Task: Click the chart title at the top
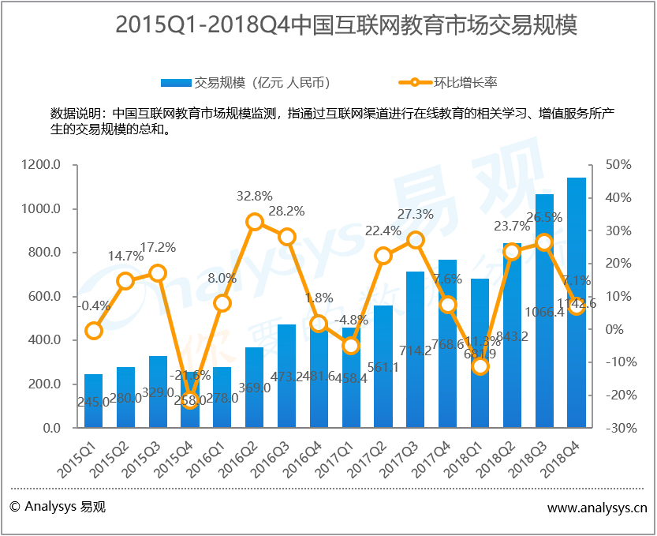pyautogui.click(x=346, y=26)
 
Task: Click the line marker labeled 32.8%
pyautogui.click(x=255, y=222)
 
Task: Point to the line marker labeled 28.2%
pyautogui.click(x=287, y=237)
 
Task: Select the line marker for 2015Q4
pyautogui.click(x=190, y=401)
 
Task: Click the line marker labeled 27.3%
pyautogui.click(x=416, y=240)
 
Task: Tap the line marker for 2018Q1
pyautogui.click(x=480, y=366)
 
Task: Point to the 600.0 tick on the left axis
pyautogui.click(x=45, y=297)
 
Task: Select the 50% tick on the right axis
pyautogui.click(x=619, y=165)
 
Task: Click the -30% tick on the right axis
pyautogui.click(x=619, y=428)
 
